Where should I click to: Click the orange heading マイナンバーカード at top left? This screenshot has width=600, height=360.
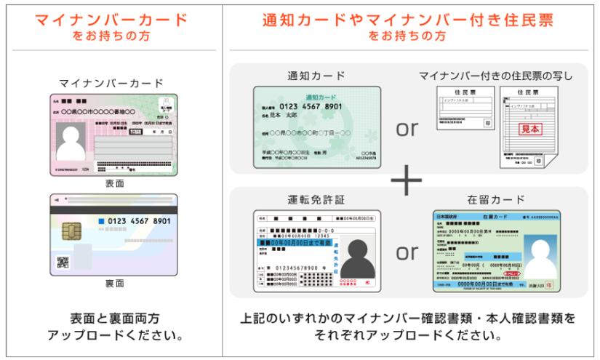tap(111, 19)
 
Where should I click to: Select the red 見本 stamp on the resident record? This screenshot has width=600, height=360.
tap(530, 129)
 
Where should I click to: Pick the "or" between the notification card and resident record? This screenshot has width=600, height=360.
tap(407, 129)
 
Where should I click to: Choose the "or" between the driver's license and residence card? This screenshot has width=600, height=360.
tap(407, 252)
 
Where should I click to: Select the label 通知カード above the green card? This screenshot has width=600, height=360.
tap(316, 76)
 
